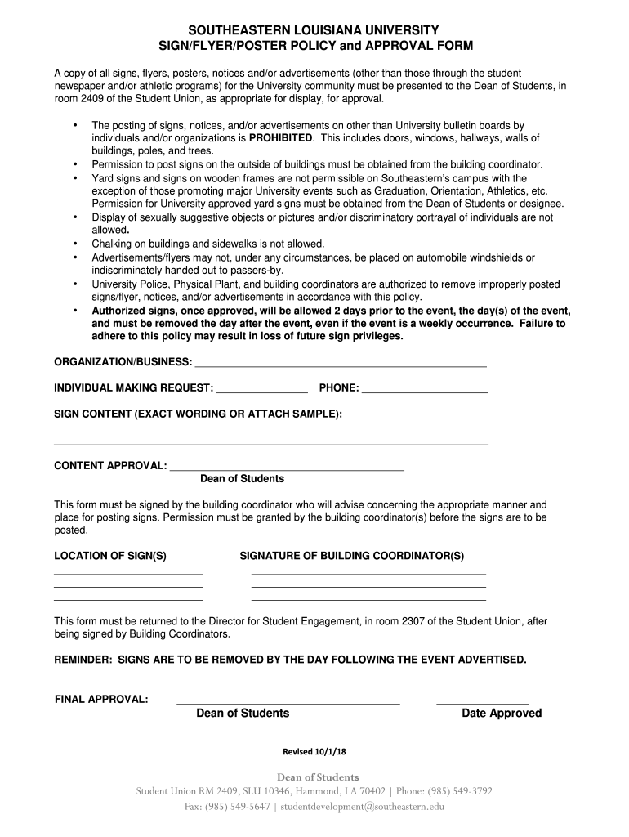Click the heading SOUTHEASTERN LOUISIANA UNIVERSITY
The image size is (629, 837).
(x=314, y=29)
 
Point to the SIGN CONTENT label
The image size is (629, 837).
(x=198, y=414)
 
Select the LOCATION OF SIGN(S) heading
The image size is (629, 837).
(x=110, y=556)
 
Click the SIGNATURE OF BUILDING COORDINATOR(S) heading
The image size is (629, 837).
(x=351, y=556)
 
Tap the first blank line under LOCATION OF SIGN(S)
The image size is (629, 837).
(x=128, y=574)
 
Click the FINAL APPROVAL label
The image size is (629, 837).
(x=101, y=699)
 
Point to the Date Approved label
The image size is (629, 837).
(x=502, y=714)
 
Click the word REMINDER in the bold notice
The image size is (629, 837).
(x=82, y=659)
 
